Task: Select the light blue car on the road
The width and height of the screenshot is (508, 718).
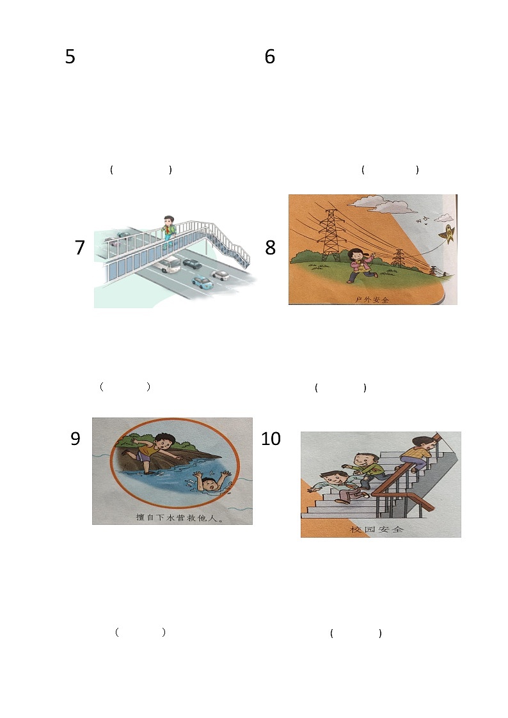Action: tap(202, 283)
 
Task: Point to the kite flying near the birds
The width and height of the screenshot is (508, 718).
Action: tap(447, 234)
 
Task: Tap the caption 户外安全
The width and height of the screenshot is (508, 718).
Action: tap(372, 299)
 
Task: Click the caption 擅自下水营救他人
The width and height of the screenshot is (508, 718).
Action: tap(179, 517)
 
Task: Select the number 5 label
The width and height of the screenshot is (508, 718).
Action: tap(70, 56)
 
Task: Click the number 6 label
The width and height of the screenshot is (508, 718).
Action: tap(270, 56)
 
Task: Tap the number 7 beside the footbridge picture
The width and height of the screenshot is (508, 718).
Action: tap(80, 247)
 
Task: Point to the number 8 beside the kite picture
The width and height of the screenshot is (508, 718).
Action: tap(270, 247)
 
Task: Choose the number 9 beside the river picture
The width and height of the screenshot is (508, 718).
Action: tap(75, 438)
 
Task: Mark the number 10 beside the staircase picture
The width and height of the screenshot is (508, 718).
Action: tap(271, 438)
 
